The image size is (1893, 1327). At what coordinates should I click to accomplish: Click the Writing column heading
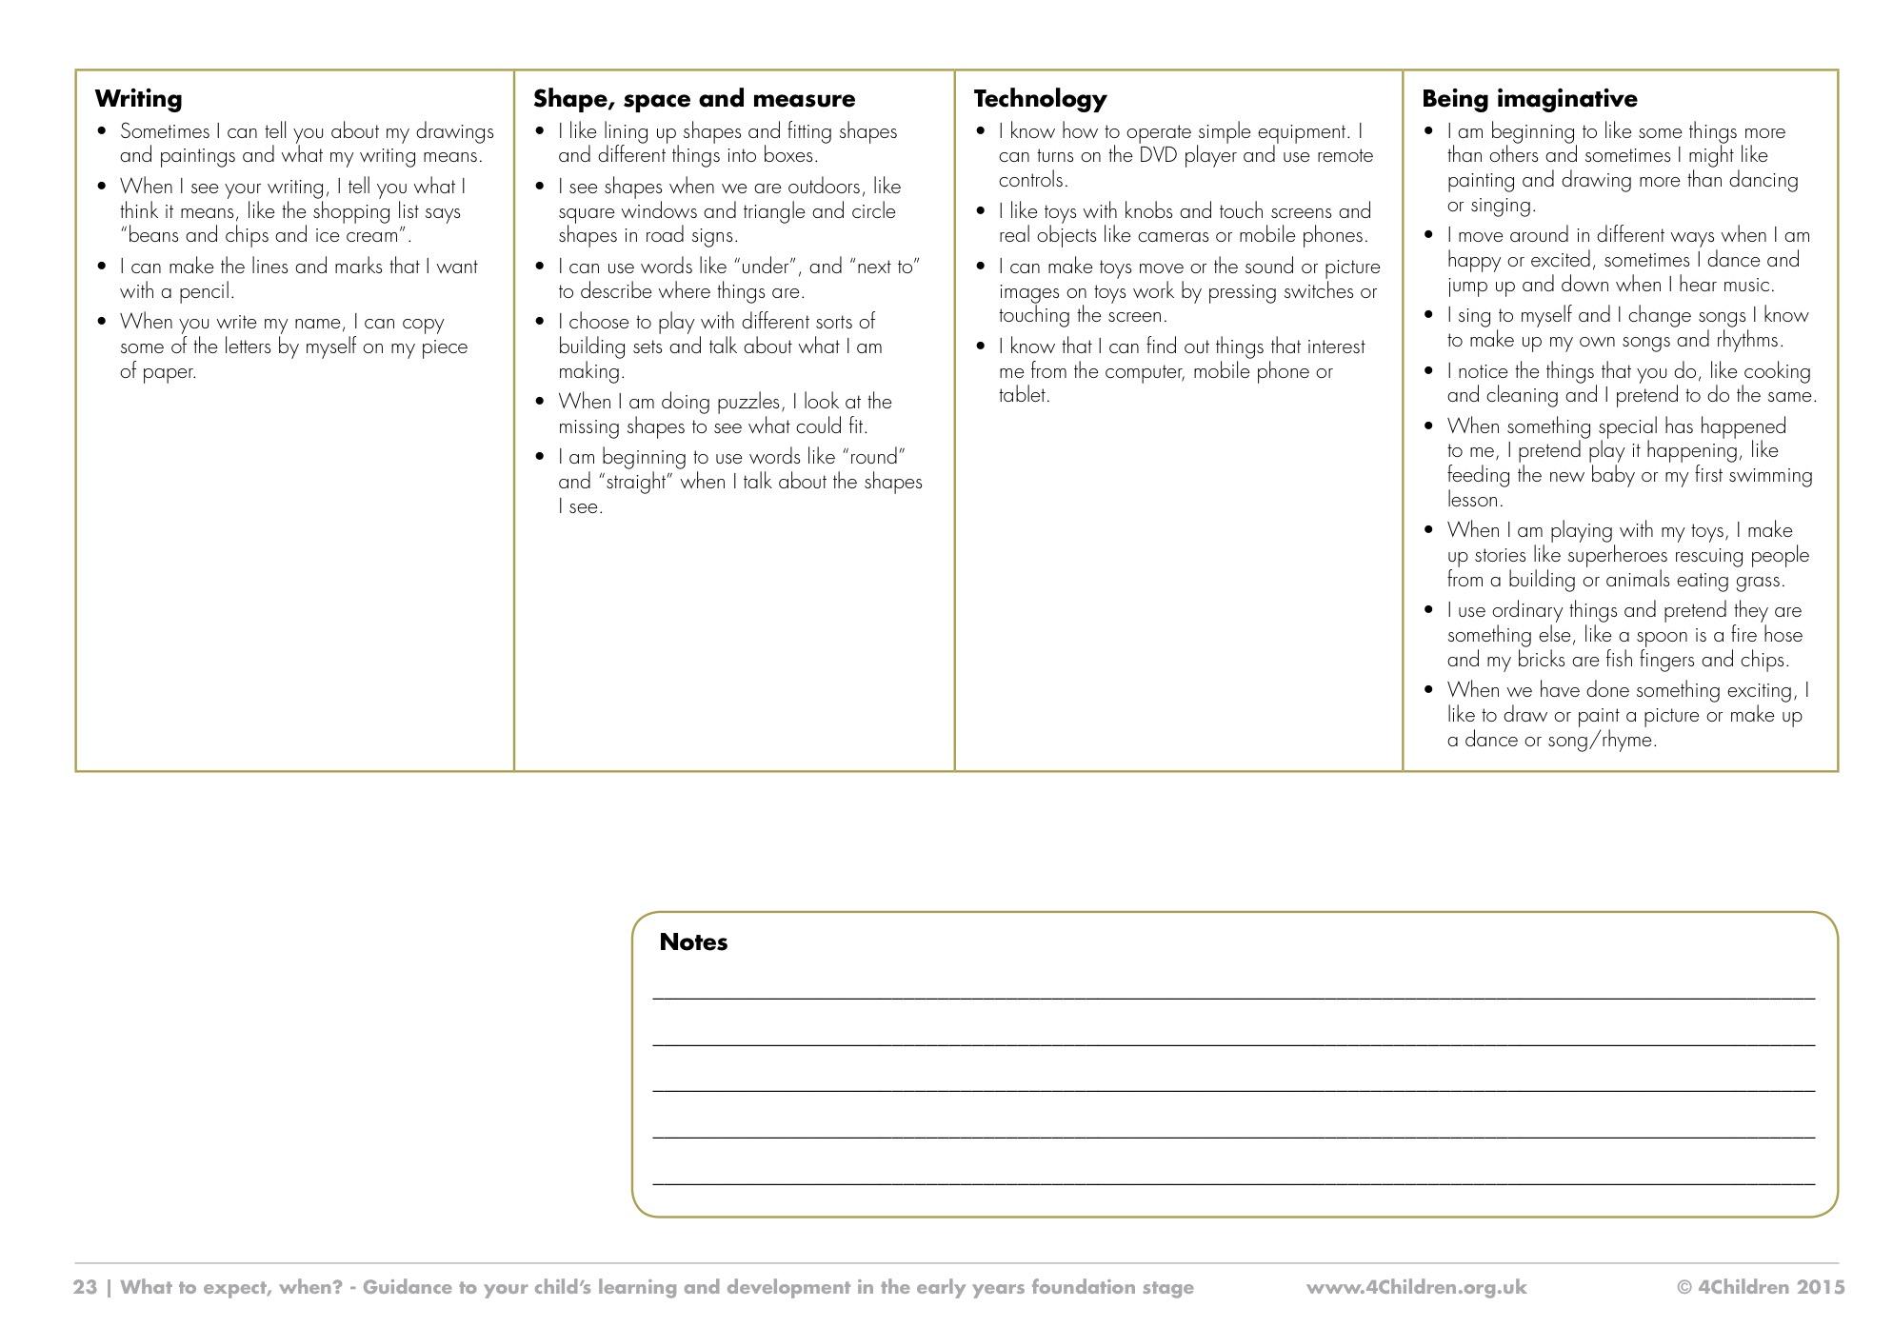coord(138,98)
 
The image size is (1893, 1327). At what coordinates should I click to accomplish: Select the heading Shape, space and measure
coord(694,98)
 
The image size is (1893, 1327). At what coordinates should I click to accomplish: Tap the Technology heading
coord(1040,98)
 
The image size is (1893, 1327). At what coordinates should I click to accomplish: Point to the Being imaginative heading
coord(1529,98)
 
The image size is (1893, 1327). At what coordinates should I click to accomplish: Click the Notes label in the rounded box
coord(693,941)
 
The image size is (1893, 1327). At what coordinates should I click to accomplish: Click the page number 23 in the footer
coord(85,1287)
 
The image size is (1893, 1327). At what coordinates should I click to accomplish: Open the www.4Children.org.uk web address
coord(1416,1287)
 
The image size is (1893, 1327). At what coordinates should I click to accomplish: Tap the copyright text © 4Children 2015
coord(1761,1287)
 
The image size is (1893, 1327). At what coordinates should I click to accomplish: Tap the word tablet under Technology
coord(1023,395)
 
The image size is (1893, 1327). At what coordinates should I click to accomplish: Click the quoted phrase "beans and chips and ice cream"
coord(265,235)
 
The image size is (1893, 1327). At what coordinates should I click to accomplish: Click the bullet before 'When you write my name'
coord(103,321)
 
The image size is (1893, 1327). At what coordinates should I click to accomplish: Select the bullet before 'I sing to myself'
coord(1428,314)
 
